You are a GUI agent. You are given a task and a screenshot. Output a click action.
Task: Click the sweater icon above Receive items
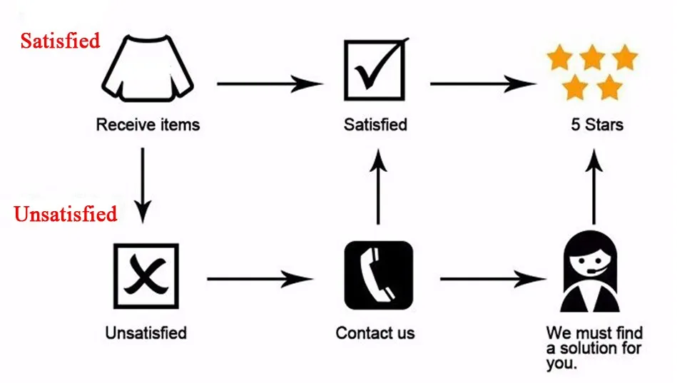coord(147,70)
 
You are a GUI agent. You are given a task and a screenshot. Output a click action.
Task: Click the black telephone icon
coord(378,276)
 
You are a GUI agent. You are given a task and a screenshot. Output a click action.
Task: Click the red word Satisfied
coord(60,41)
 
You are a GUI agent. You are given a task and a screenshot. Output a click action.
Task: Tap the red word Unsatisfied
coord(66,213)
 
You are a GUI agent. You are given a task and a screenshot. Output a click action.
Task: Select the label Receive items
coord(148,125)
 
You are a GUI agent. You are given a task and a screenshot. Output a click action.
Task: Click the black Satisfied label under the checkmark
coord(375,125)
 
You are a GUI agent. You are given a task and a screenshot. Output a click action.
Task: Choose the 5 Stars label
coord(596,125)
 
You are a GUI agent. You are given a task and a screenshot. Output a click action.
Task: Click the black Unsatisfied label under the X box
coord(146,332)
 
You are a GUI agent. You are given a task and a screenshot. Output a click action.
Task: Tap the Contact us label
coord(375,332)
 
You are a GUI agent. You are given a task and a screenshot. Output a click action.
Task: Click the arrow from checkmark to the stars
coord(483,83)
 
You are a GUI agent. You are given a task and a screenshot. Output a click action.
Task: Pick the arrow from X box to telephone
coord(260,278)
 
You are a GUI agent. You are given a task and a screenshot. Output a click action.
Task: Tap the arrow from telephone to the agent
coord(493,278)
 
